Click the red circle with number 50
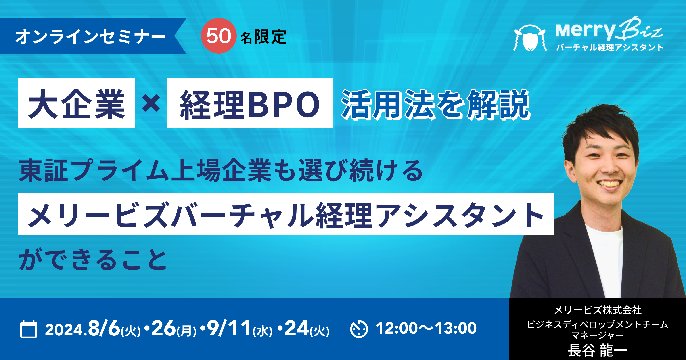219,36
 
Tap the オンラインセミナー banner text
90,36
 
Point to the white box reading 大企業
76,103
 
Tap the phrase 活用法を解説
436,104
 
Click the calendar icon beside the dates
29,329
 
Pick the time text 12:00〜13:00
426,328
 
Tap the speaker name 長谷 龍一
598,350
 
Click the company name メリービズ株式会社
598,310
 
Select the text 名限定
263,37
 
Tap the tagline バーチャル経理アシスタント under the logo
610,47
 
